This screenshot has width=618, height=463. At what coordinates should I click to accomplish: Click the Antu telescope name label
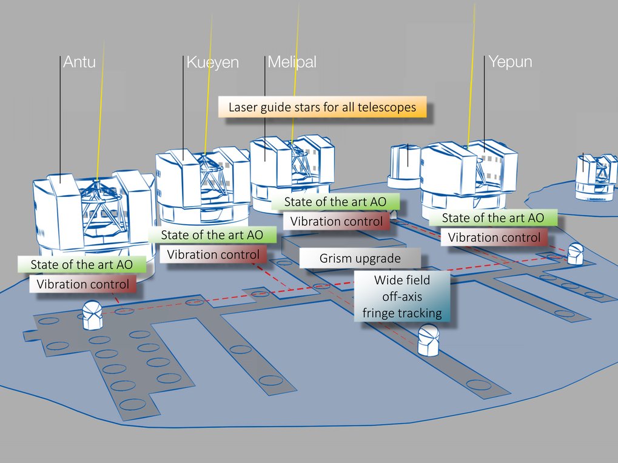[79, 62]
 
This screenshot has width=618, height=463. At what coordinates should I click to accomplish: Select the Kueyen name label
[212, 62]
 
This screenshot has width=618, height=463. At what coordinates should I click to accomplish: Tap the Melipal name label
[292, 62]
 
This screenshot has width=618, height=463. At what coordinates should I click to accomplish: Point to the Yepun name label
[510, 62]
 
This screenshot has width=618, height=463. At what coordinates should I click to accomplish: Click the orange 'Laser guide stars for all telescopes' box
[323, 107]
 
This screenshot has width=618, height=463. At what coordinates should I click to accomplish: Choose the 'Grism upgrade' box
[360, 258]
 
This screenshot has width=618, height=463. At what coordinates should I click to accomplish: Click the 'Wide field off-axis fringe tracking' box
[402, 296]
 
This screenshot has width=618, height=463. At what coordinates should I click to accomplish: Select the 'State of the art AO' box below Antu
[82, 265]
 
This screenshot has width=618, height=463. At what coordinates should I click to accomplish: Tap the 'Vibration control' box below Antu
[82, 284]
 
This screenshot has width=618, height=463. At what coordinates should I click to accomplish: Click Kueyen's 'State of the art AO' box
[212, 235]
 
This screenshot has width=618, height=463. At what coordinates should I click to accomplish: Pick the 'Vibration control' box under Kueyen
[213, 255]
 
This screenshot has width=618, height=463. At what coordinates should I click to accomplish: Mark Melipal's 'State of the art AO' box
[335, 202]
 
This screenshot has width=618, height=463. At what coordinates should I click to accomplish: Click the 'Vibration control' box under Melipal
[337, 221]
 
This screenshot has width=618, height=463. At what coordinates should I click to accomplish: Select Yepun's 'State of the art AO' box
[493, 218]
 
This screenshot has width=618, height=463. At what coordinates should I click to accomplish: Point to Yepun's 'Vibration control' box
[494, 238]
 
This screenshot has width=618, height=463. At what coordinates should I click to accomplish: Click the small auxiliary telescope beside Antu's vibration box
[93, 315]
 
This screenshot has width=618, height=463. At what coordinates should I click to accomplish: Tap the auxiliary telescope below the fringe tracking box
[428, 341]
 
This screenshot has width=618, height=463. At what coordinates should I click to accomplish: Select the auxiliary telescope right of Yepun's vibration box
[576, 254]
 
